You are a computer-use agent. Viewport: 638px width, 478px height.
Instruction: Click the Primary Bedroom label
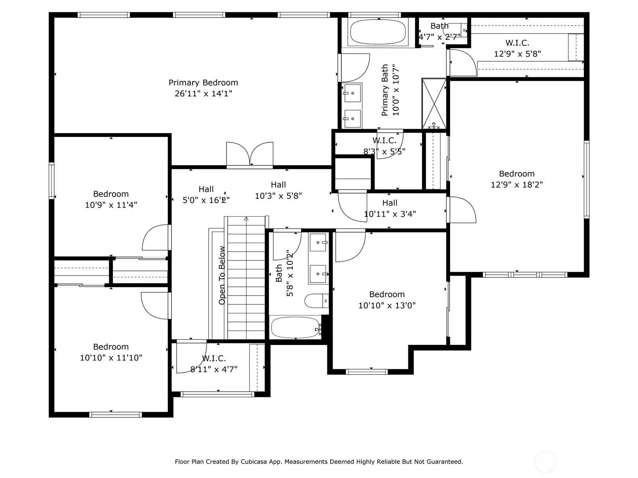203,83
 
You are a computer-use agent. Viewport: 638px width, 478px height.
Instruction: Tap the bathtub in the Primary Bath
378,32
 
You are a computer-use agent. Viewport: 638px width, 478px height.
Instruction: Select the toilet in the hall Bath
317,301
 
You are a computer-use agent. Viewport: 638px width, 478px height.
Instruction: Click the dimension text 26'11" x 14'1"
203,94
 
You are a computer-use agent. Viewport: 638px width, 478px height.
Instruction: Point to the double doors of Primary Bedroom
250,155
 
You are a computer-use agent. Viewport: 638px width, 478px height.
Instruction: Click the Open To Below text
222,275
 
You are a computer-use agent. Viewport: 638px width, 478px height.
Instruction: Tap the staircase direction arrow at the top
246,219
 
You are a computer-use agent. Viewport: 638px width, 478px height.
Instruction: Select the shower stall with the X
434,104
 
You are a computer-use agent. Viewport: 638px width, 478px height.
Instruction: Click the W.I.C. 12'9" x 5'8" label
517,48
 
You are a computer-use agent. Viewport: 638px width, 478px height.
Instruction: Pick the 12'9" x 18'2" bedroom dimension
517,184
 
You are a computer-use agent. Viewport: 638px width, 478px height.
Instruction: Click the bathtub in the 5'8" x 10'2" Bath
295,327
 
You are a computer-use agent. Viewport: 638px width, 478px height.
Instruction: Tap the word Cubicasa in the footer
254,461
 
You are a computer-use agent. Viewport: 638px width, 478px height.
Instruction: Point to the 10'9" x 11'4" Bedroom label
111,200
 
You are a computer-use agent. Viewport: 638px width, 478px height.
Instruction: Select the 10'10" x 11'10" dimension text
111,358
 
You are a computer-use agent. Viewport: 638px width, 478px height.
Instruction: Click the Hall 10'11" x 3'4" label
390,208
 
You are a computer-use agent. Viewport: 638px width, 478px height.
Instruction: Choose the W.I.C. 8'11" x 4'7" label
214,364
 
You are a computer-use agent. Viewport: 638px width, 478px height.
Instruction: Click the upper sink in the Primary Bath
352,93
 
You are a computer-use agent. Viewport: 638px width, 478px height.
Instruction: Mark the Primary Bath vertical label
390,90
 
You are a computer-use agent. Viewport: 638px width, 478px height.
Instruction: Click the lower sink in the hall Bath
318,274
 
